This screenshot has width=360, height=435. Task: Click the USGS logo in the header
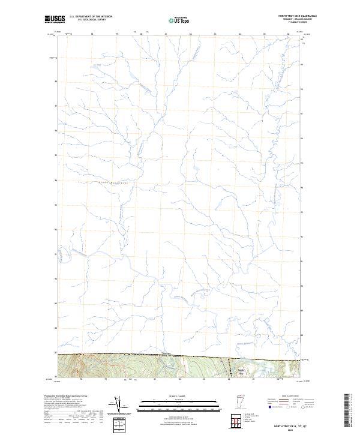[x=55, y=19]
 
